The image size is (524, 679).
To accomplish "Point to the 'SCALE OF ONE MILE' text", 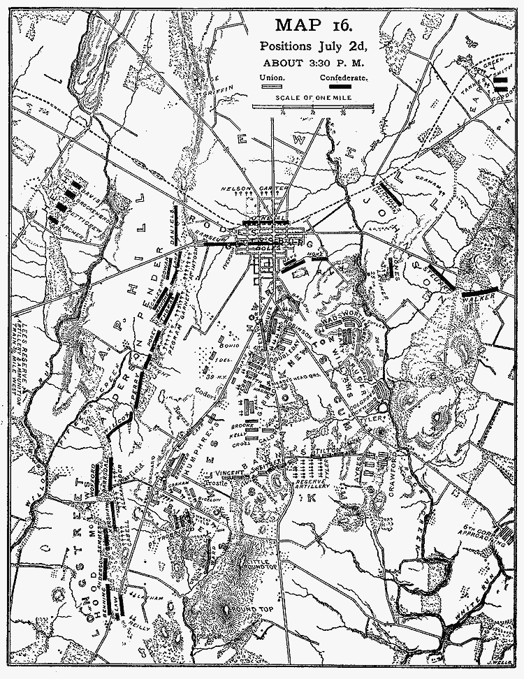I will coord(314,99).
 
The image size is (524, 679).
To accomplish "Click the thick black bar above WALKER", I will coord(479,289).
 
